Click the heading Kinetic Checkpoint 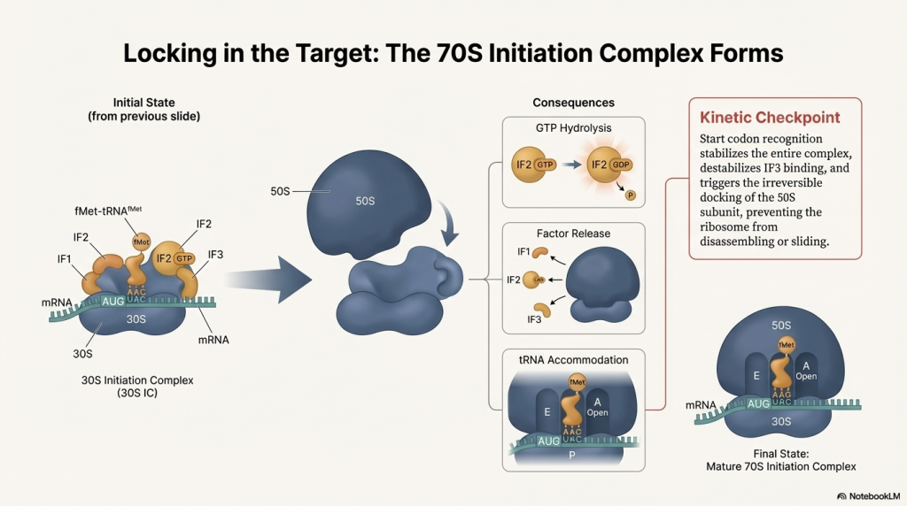click(770, 117)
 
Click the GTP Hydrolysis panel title click(572, 128)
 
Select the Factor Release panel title click(572, 234)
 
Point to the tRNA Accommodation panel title click(572, 360)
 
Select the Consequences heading click(573, 103)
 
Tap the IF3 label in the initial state click(215, 254)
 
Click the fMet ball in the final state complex click(785, 343)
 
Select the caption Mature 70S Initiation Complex click(780, 465)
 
